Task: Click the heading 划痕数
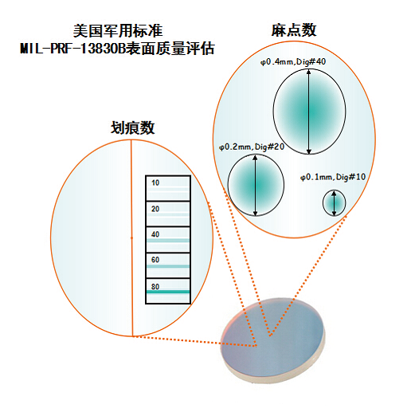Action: (132, 127)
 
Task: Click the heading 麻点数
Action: (294, 30)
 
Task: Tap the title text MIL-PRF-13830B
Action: (72, 49)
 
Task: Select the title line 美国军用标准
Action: (118, 31)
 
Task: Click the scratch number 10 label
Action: (155, 182)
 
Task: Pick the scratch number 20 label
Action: (155, 209)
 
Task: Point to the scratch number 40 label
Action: (155, 234)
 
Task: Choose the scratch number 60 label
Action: (155, 260)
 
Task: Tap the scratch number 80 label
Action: (155, 287)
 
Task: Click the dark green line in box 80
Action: (168, 292)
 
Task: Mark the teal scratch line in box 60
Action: (168, 266)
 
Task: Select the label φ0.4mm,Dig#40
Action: (293, 62)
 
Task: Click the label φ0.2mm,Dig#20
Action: (252, 147)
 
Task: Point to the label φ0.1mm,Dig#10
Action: (333, 177)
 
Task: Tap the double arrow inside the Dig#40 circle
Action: (308, 112)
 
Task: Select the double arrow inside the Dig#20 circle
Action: (255, 186)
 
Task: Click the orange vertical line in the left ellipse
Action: (132, 238)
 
